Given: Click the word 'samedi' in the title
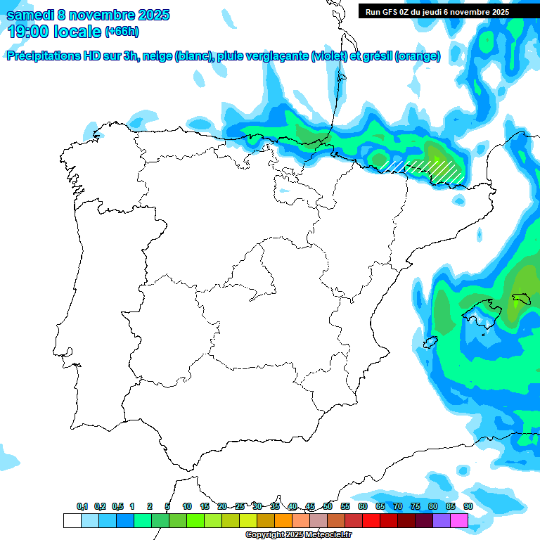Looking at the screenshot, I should pos(31,15).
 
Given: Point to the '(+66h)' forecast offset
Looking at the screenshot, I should pos(122,32).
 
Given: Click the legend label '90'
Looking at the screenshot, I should pos(468,506).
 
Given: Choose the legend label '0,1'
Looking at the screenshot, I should pos(82,506).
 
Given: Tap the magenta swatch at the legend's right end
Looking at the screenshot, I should pos(459,521).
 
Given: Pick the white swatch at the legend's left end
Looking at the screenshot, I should pos(72,521).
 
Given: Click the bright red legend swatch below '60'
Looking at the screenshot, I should pos(371,521).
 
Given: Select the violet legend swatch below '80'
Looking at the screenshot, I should pos(442,521).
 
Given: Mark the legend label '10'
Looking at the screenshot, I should pos(186,506).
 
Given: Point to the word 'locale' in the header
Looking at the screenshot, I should pos(77,32).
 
